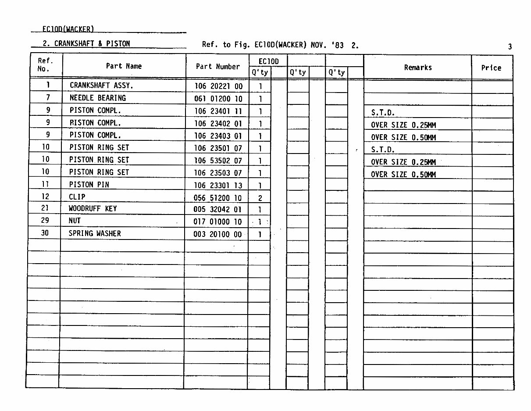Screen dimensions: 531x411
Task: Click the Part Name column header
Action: [x=124, y=66]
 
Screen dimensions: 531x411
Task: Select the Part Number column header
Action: [x=217, y=67]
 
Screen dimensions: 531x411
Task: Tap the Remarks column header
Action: [x=417, y=68]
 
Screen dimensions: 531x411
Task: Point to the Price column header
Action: [x=491, y=68]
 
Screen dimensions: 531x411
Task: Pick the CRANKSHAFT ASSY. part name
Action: [x=101, y=86]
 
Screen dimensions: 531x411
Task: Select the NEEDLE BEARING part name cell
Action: [x=97, y=98]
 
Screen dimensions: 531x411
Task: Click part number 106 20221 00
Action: [x=218, y=86]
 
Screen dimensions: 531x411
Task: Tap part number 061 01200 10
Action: [x=218, y=99]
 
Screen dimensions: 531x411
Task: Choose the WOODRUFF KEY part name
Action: [x=93, y=208]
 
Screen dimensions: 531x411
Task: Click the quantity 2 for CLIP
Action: [x=260, y=198]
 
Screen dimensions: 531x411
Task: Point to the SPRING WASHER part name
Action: [x=94, y=233]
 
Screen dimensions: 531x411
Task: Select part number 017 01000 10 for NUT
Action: [x=217, y=222]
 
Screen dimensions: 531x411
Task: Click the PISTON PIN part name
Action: [x=89, y=185]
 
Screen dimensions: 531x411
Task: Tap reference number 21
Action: [x=45, y=208]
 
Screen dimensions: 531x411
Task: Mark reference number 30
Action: [x=45, y=233]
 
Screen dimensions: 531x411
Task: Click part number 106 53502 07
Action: [x=218, y=161]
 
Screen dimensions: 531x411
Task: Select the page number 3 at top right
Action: [x=510, y=46]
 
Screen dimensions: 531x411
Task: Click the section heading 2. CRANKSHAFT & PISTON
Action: [x=86, y=43]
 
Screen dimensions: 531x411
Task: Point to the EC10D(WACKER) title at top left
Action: [x=68, y=29]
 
